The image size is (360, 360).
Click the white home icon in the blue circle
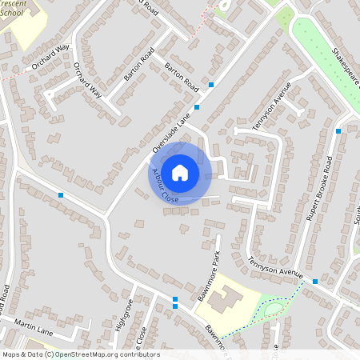180,172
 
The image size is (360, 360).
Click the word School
14,14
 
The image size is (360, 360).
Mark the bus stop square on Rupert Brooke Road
338,130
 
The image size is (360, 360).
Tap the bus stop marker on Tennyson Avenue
315,282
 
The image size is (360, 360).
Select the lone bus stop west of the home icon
61,194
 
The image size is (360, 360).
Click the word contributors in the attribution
137,354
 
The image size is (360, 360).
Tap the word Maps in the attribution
12,354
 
